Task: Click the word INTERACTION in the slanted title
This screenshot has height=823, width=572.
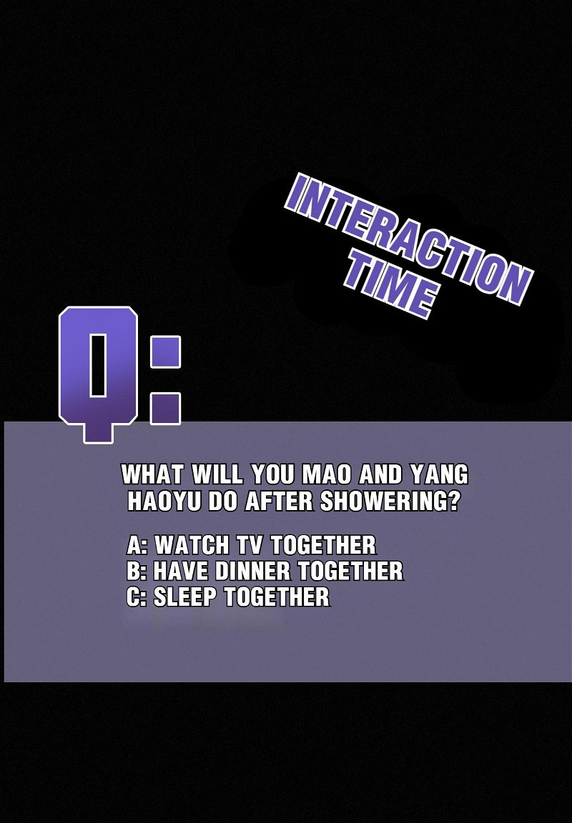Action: (x=409, y=239)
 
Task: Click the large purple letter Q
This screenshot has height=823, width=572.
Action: (x=98, y=374)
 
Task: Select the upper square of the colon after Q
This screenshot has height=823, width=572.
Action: (x=165, y=351)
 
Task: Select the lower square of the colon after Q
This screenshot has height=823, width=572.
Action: (x=165, y=409)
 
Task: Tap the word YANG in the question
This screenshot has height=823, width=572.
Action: (x=439, y=475)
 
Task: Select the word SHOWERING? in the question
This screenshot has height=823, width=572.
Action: (x=389, y=502)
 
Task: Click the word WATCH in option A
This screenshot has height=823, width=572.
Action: (x=193, y=545)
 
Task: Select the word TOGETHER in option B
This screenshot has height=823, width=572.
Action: (x=350, y=571)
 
